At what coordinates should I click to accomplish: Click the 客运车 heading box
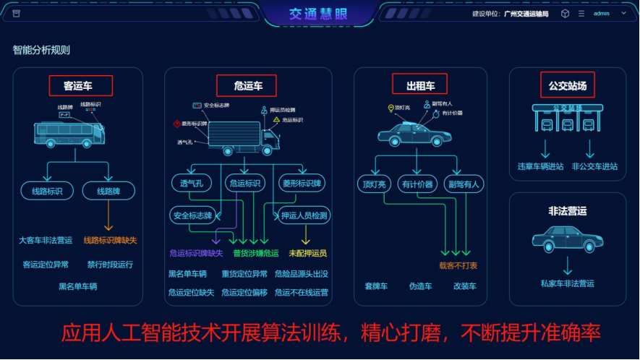click(x=81, y=86)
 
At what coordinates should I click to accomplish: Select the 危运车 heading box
click(x=248, y=86)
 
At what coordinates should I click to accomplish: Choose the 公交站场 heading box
click(x=567, y=85)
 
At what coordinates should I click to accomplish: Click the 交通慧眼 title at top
click(x=319, y=13)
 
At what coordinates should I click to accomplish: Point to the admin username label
click(x=601, y=14)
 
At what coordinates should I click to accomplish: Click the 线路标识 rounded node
click(x=47, y=192)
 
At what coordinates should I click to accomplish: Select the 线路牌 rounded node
click(x=108, y=192)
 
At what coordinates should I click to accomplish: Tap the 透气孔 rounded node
click(x=192, y=184)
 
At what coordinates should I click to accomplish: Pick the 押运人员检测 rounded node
click(x=304, y=215)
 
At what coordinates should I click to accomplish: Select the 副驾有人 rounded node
click(x=464, y=184)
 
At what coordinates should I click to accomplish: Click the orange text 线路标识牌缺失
click(x=110, y=240)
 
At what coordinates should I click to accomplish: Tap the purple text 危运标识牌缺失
click(x=196, y=253)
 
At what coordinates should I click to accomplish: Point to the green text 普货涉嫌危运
click(x=255, y=253)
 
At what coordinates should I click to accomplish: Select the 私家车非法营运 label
click(x=567, y=283)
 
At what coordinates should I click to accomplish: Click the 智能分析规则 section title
click(x=41, y=51)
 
